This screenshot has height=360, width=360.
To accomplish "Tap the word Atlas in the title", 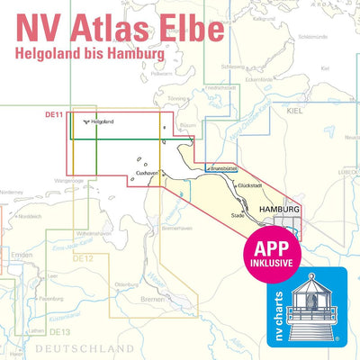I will pyautogui.click(x=100, y=28).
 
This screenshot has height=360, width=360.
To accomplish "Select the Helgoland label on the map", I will pyautogui.click(x=104, y=121).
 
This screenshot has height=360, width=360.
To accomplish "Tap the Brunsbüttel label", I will pyautogui.click(x=221, y=168).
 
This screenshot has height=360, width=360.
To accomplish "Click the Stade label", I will pyautogui.click(x=238, y=216).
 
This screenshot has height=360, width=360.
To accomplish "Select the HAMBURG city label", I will pyautogui.click(x=277, y=208).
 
